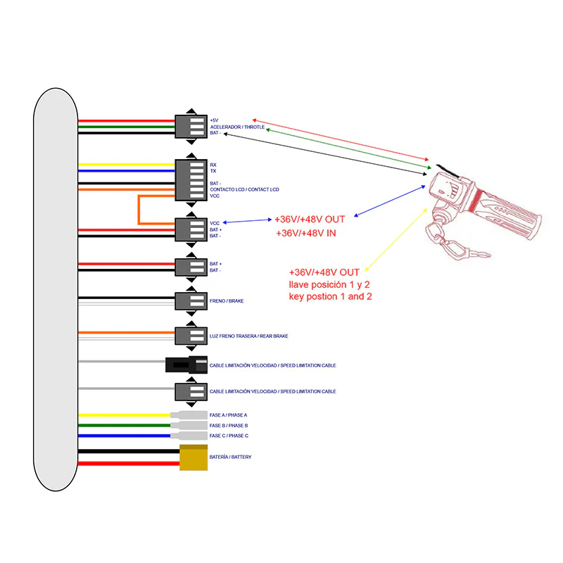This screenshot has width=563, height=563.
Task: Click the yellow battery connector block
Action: (x=194, y=457)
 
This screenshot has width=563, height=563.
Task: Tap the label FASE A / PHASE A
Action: (x=228, y=415)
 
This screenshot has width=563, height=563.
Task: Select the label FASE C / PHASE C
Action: (x=228, y=436)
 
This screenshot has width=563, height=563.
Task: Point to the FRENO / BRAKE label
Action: (x=226, y=301)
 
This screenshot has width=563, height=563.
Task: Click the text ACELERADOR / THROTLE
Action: (x=237, y=127)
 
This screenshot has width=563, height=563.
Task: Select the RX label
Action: (x=213, y=165)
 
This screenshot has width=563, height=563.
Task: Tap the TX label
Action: (x=213, y=171)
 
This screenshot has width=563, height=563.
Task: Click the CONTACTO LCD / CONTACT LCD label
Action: (x=243, y=189)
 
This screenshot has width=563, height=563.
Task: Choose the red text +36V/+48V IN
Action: (x=305, y=233)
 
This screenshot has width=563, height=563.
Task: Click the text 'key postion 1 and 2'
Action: (x=330, y=296)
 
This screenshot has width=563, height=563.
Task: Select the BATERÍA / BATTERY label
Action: (x=230, y=457)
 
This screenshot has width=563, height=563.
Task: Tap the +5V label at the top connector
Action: (x=214, y=120)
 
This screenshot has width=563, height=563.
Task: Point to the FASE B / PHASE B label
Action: (x=228, y=426)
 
